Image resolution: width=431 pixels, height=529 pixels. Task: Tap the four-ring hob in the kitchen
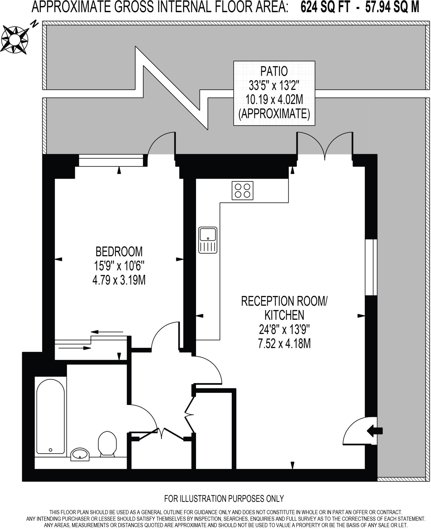tap(242, 191)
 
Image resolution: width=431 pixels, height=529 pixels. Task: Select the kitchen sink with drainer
tap(208, 240)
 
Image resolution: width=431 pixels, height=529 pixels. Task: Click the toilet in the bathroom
tap(107, 443)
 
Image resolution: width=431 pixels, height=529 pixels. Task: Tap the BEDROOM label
tap(119, 251)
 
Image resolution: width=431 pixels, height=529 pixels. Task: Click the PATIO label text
tap(274, 71)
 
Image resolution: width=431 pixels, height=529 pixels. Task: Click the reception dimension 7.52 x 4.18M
tap(284, 344)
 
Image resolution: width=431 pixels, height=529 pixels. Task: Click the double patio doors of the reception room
tap(325, 145)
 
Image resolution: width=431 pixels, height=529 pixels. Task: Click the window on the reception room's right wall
tap(371, 267)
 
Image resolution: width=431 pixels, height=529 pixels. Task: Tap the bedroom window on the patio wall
tap(111, 160)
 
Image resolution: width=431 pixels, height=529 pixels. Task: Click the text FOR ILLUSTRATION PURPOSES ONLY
tap(224, 498)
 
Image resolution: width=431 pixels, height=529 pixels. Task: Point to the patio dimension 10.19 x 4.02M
tap(274, 100)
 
